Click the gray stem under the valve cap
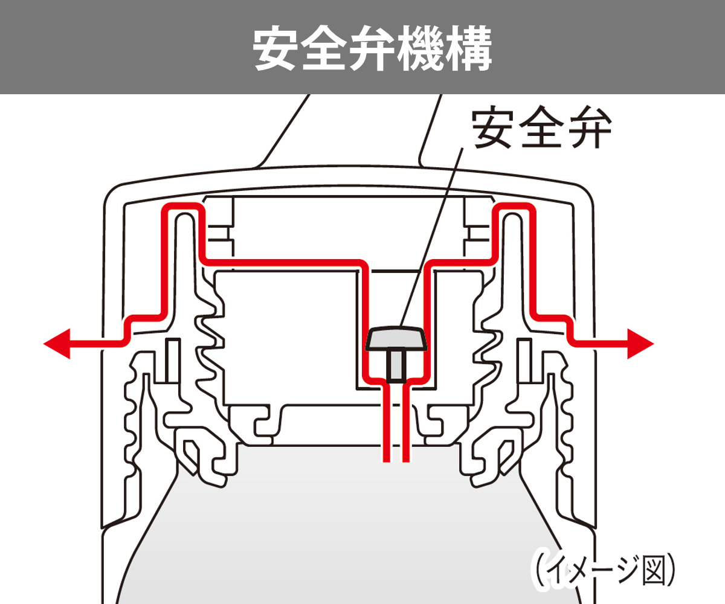point(396,366)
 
